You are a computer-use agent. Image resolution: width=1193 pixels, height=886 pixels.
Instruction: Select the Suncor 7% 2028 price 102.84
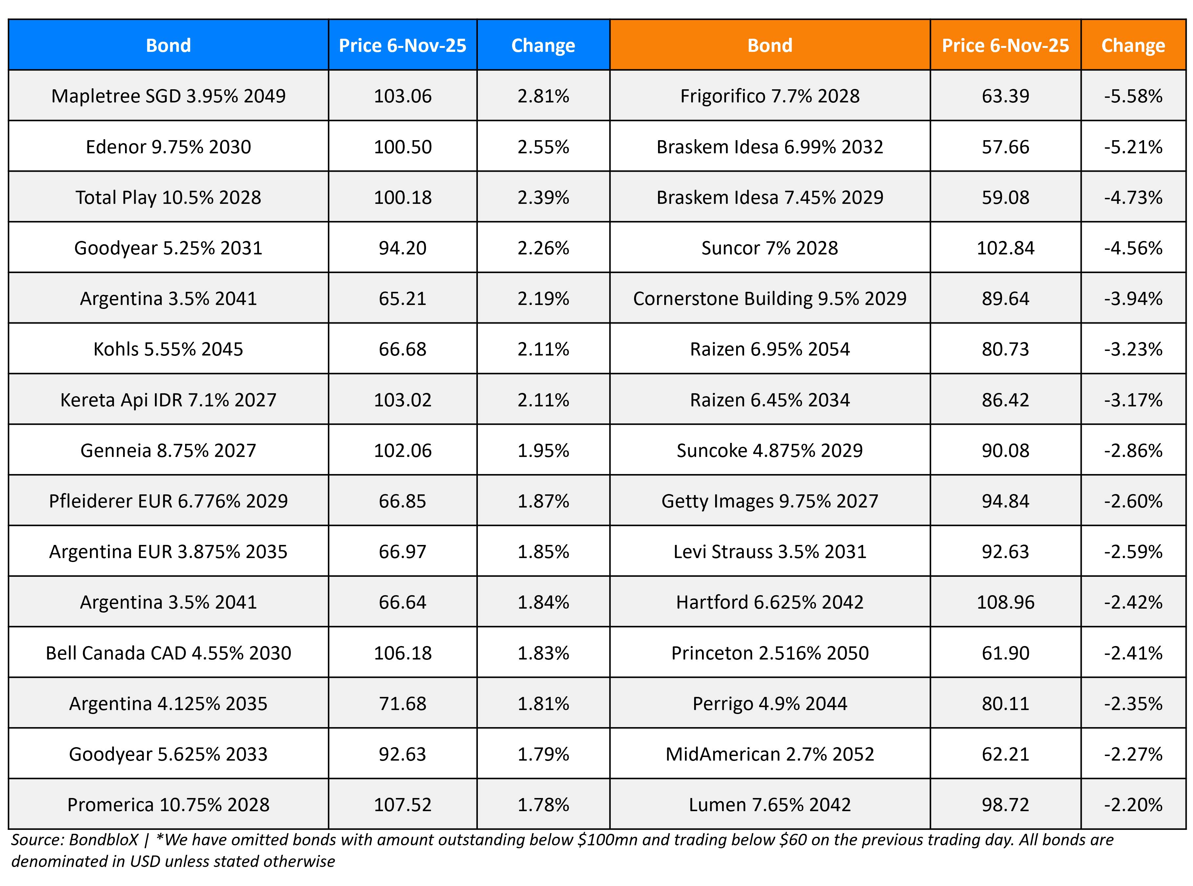pyautogui.click(x=1005, y=248)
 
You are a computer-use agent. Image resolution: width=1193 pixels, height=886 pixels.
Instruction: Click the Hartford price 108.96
pyautogui.click(x=1005, y=602)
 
